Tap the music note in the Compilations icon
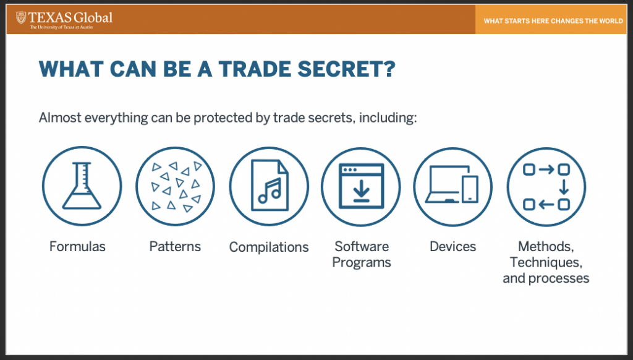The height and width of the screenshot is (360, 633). pyautogui.click(x=270, y=191)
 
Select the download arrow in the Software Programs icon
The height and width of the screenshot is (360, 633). pyautogui.click(x=361, y=191)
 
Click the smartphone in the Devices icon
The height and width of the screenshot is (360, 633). pyautogui.click(x=470, y=189)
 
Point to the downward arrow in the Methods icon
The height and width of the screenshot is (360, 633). pyautogui.click(x=564, y=187)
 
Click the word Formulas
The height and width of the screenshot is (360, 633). pyautogui.click(x=77, y=246)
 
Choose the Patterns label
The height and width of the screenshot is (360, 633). pyautogui.click(x=175, y=246)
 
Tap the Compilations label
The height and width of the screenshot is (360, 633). pyautogui.click(x=269, y=247)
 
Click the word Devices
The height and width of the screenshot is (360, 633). pyautogui.click(x=453, y=246)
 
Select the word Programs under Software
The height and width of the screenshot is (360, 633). pyautogui.click(x=362, y=263)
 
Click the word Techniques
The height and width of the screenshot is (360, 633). pyautogui.click(x=546, y=263)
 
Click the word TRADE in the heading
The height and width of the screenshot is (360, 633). pyautogui.click(x=255, y=69)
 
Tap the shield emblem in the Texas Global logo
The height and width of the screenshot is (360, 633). pyautogui.click(x=21, y=18)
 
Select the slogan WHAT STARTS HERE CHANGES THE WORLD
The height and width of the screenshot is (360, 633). pyautogui.click(x=553, y=21)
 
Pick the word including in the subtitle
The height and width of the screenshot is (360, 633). pyautogui.click(x=388, y=118)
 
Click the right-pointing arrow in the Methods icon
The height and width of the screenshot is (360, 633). pyautogui.click(x=546, y=169)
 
